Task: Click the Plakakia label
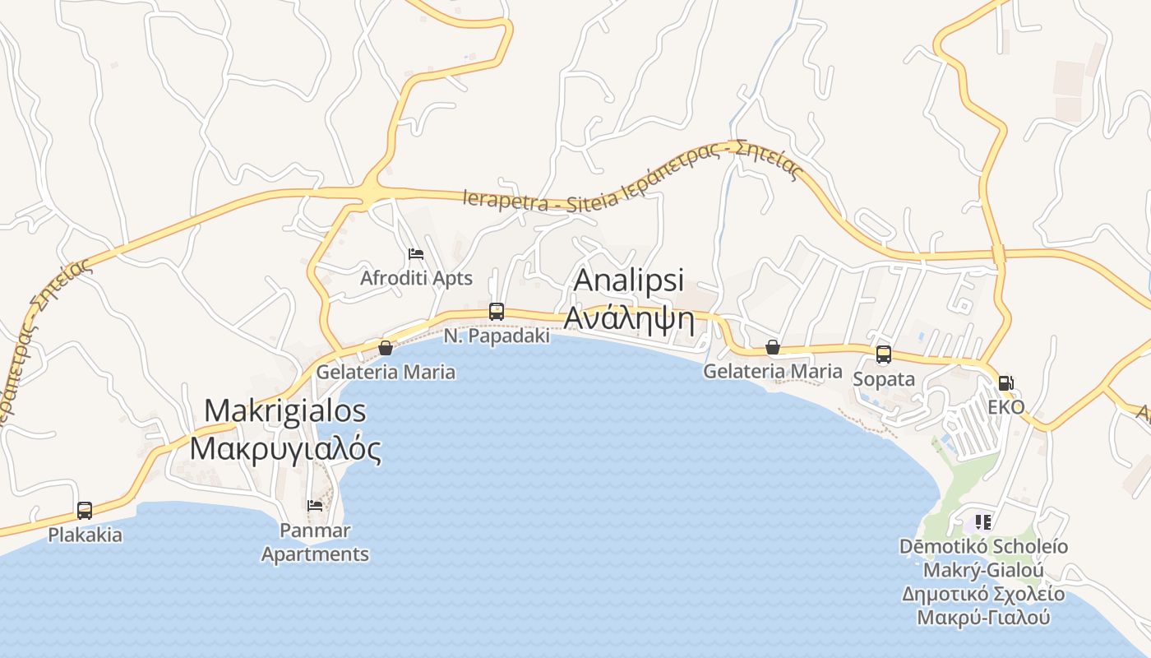coord(85,535)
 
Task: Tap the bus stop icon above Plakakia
coord(85,510)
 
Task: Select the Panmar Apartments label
coord(315,543)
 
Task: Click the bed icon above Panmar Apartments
coord(315,505)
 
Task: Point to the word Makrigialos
coord(284,410)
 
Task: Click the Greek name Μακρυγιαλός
coord(285,449)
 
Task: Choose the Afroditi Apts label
coord(416,278)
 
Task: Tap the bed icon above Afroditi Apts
coord(416,253)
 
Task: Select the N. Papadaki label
coord(497,336)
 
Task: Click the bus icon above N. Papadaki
coord(497,311)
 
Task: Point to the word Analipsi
coord(629,280)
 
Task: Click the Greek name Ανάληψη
coord(629,317)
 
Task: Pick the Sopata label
coord(884,379)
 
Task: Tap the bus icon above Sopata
coord(884,354)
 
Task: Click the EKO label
coord(1005,407)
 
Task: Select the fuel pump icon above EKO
coord(1005,382)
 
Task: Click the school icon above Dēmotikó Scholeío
coord(982,521)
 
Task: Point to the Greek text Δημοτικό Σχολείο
coord(983,594)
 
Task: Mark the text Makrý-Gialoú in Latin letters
coord(983,570)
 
